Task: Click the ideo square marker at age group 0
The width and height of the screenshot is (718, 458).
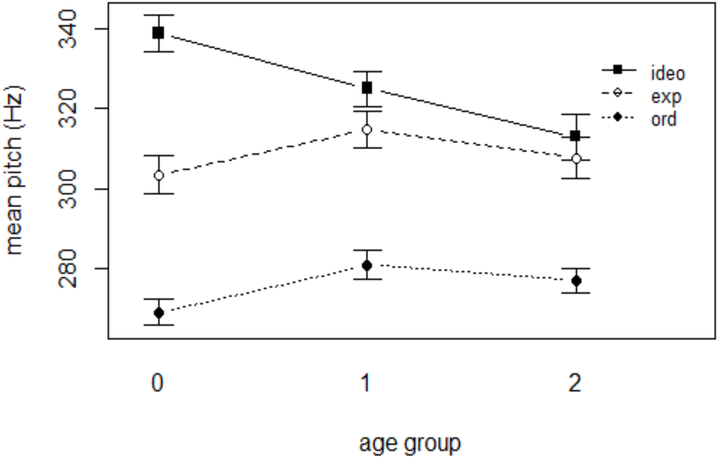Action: point(158,33)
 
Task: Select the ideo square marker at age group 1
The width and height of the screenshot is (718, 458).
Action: point(367,88)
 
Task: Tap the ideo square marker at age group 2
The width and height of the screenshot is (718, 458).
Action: point(575,136)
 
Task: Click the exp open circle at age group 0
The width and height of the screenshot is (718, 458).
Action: point(159,176)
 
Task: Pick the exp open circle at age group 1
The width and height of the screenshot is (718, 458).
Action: point(367,130)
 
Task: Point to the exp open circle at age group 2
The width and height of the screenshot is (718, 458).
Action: point(577,159)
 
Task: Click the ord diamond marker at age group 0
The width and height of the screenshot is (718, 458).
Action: point(159,313)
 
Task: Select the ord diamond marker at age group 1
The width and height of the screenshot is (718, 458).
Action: point(367,266)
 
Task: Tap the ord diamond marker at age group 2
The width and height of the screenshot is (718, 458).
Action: point(577,281)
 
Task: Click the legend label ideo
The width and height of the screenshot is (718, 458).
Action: point(668,73)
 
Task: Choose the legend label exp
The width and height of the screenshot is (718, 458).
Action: point(666,97)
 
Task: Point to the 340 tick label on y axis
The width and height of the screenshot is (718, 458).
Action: point(67,29)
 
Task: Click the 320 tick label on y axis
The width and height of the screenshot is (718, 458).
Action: point(67,108)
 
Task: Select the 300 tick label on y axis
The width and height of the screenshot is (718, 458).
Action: point(67,189)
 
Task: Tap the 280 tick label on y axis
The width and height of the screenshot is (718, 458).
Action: point(67,269)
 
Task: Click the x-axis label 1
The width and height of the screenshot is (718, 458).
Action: point(366,383)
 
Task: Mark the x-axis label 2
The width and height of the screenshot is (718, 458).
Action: point(575,383)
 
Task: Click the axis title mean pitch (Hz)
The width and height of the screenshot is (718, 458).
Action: point(14,170)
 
